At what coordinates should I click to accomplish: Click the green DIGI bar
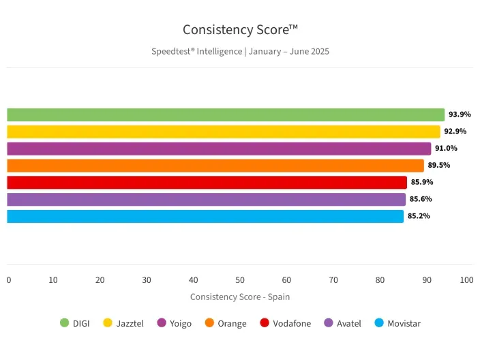coord(225,115)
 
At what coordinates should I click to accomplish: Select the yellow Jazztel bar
coord(223,132)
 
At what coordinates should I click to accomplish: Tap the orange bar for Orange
coord(215,165)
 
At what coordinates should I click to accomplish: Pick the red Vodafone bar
coord(207,182)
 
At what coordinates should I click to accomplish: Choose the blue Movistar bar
coord(205,216)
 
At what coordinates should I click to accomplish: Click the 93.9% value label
coord(460,115)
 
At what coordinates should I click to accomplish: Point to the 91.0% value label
coord(446,149)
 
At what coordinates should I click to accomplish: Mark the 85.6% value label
coord(421,199)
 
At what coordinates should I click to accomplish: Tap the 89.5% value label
coord(439,165)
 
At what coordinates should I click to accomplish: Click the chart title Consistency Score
coord(240,30)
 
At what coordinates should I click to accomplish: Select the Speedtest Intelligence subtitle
coord(240,51)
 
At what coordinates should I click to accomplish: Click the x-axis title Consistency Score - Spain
coord(240,297)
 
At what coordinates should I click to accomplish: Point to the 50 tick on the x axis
coord(240,280)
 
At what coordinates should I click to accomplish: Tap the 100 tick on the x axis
coord(466,280)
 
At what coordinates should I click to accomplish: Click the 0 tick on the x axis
coord(9,280)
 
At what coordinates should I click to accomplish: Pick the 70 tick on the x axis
coord(333,280)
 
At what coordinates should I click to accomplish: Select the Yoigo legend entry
coord(175,323)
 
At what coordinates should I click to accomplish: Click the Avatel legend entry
coord(343,323)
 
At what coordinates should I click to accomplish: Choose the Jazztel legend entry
coord(121,323)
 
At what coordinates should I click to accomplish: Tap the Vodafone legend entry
coord(285,323)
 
